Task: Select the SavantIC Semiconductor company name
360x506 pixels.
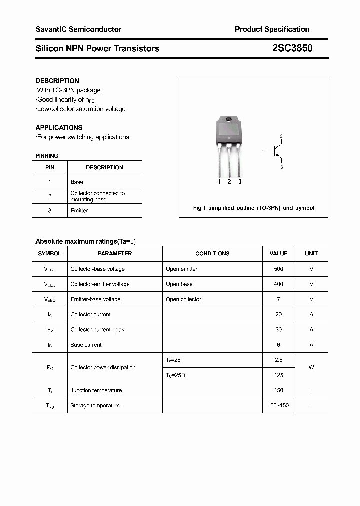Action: (78, 29)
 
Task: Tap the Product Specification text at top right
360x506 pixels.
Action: (272, 29)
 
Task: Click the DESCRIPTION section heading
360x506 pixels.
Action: (57, 81)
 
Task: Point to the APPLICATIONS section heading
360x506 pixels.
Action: (59, 127)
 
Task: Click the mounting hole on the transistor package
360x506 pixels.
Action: (229, 119)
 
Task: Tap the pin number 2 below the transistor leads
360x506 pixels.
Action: (229, 182)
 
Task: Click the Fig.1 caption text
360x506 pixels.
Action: (253, 208)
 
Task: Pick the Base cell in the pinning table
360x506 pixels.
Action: (77, 182)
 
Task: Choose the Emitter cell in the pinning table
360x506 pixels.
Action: (79, 211)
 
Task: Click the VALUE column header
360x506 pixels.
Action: (278, 253)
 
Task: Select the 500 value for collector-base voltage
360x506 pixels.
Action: (278, 269)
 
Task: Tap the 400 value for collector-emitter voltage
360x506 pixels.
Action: (278, 284)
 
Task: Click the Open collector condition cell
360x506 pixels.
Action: (183, 299)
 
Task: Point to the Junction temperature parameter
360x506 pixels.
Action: (96, 390)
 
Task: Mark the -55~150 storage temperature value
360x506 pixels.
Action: (278, 405)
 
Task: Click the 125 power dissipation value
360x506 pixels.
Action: (278, 375)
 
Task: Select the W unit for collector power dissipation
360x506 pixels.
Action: (311, 367)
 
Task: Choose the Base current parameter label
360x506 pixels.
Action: (86, 345)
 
